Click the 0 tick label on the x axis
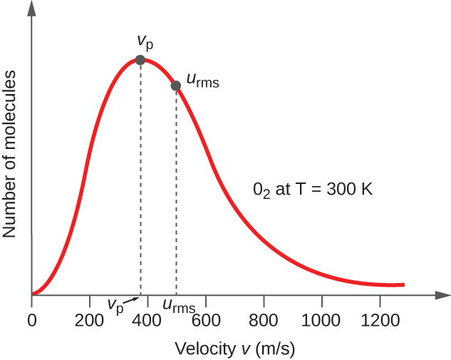click(x=31, y=319)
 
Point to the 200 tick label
click(x=89, y=319)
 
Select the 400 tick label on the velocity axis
click(x=147, y=319)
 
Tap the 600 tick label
click(x=205, y=319)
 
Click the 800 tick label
click(x=264, y=319)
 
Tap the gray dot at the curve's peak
click(x=140, y=60)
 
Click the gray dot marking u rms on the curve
click(x=176, y=86)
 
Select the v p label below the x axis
click(x=115, y=305)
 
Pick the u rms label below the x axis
click(x=179, y=306)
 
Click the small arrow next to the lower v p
click(x=133, y=300)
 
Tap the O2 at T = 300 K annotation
click(x=313, y=190)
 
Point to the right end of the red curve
click(x=403, y=284)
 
